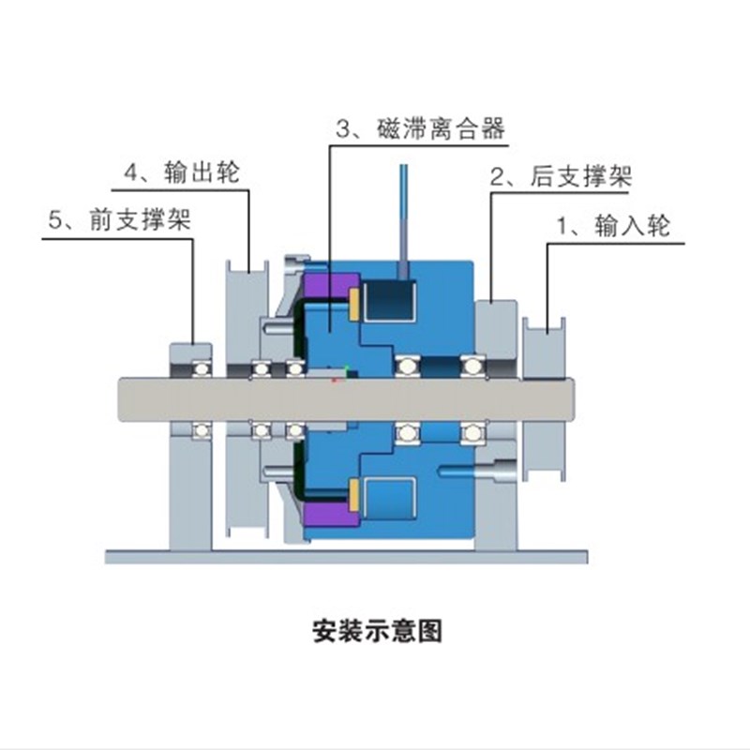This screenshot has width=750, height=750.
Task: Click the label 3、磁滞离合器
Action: tap(419, 129)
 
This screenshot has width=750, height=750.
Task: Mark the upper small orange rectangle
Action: tap(355, 303)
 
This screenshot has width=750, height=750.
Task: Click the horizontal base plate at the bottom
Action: tap(347, 557)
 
